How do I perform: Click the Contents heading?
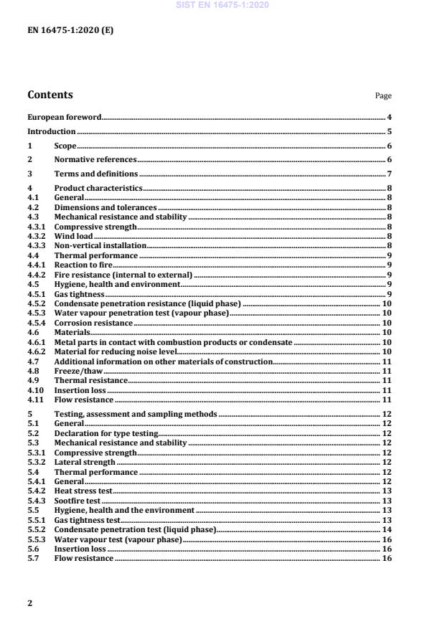coord(50,95)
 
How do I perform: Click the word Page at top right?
coord(383,96)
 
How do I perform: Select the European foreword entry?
coord(64,117)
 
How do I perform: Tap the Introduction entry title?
coord(51,132)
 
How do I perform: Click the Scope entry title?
coord(65,146)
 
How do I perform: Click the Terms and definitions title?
coord(96,174)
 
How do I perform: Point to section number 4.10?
coord(34,390)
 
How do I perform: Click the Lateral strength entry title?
coord(85,463)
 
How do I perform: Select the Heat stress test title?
coord(83,491)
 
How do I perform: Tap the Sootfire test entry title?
coord(78,501)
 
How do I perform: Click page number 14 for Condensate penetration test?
coord(387,529)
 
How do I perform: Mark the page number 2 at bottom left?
coord(29,603)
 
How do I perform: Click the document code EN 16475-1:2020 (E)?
coord(70,31)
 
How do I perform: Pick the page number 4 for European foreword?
coord(389,117)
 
